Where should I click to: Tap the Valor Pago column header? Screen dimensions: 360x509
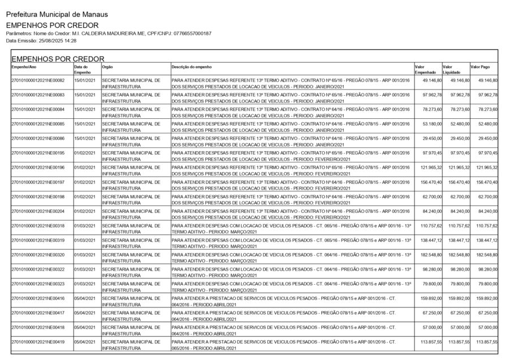pyautogui.click(x=480, y=66)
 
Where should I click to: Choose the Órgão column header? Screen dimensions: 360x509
pyautogui.click(x=107, y=66)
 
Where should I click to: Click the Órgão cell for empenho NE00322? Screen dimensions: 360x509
pyautogui.click(x=131, y=272)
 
